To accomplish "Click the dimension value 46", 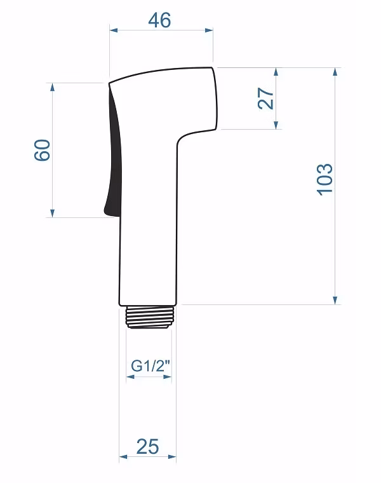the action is [159, 20].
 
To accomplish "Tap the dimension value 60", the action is [42, 150].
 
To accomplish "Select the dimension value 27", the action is [266, 99].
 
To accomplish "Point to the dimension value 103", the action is [324, 180].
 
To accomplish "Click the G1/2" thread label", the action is [150, 366].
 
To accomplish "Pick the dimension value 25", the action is [148, 447].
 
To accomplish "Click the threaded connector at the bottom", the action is [150, 317].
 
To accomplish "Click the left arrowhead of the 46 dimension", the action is [114, 31].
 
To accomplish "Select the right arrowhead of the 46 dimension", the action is [209, 31].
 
